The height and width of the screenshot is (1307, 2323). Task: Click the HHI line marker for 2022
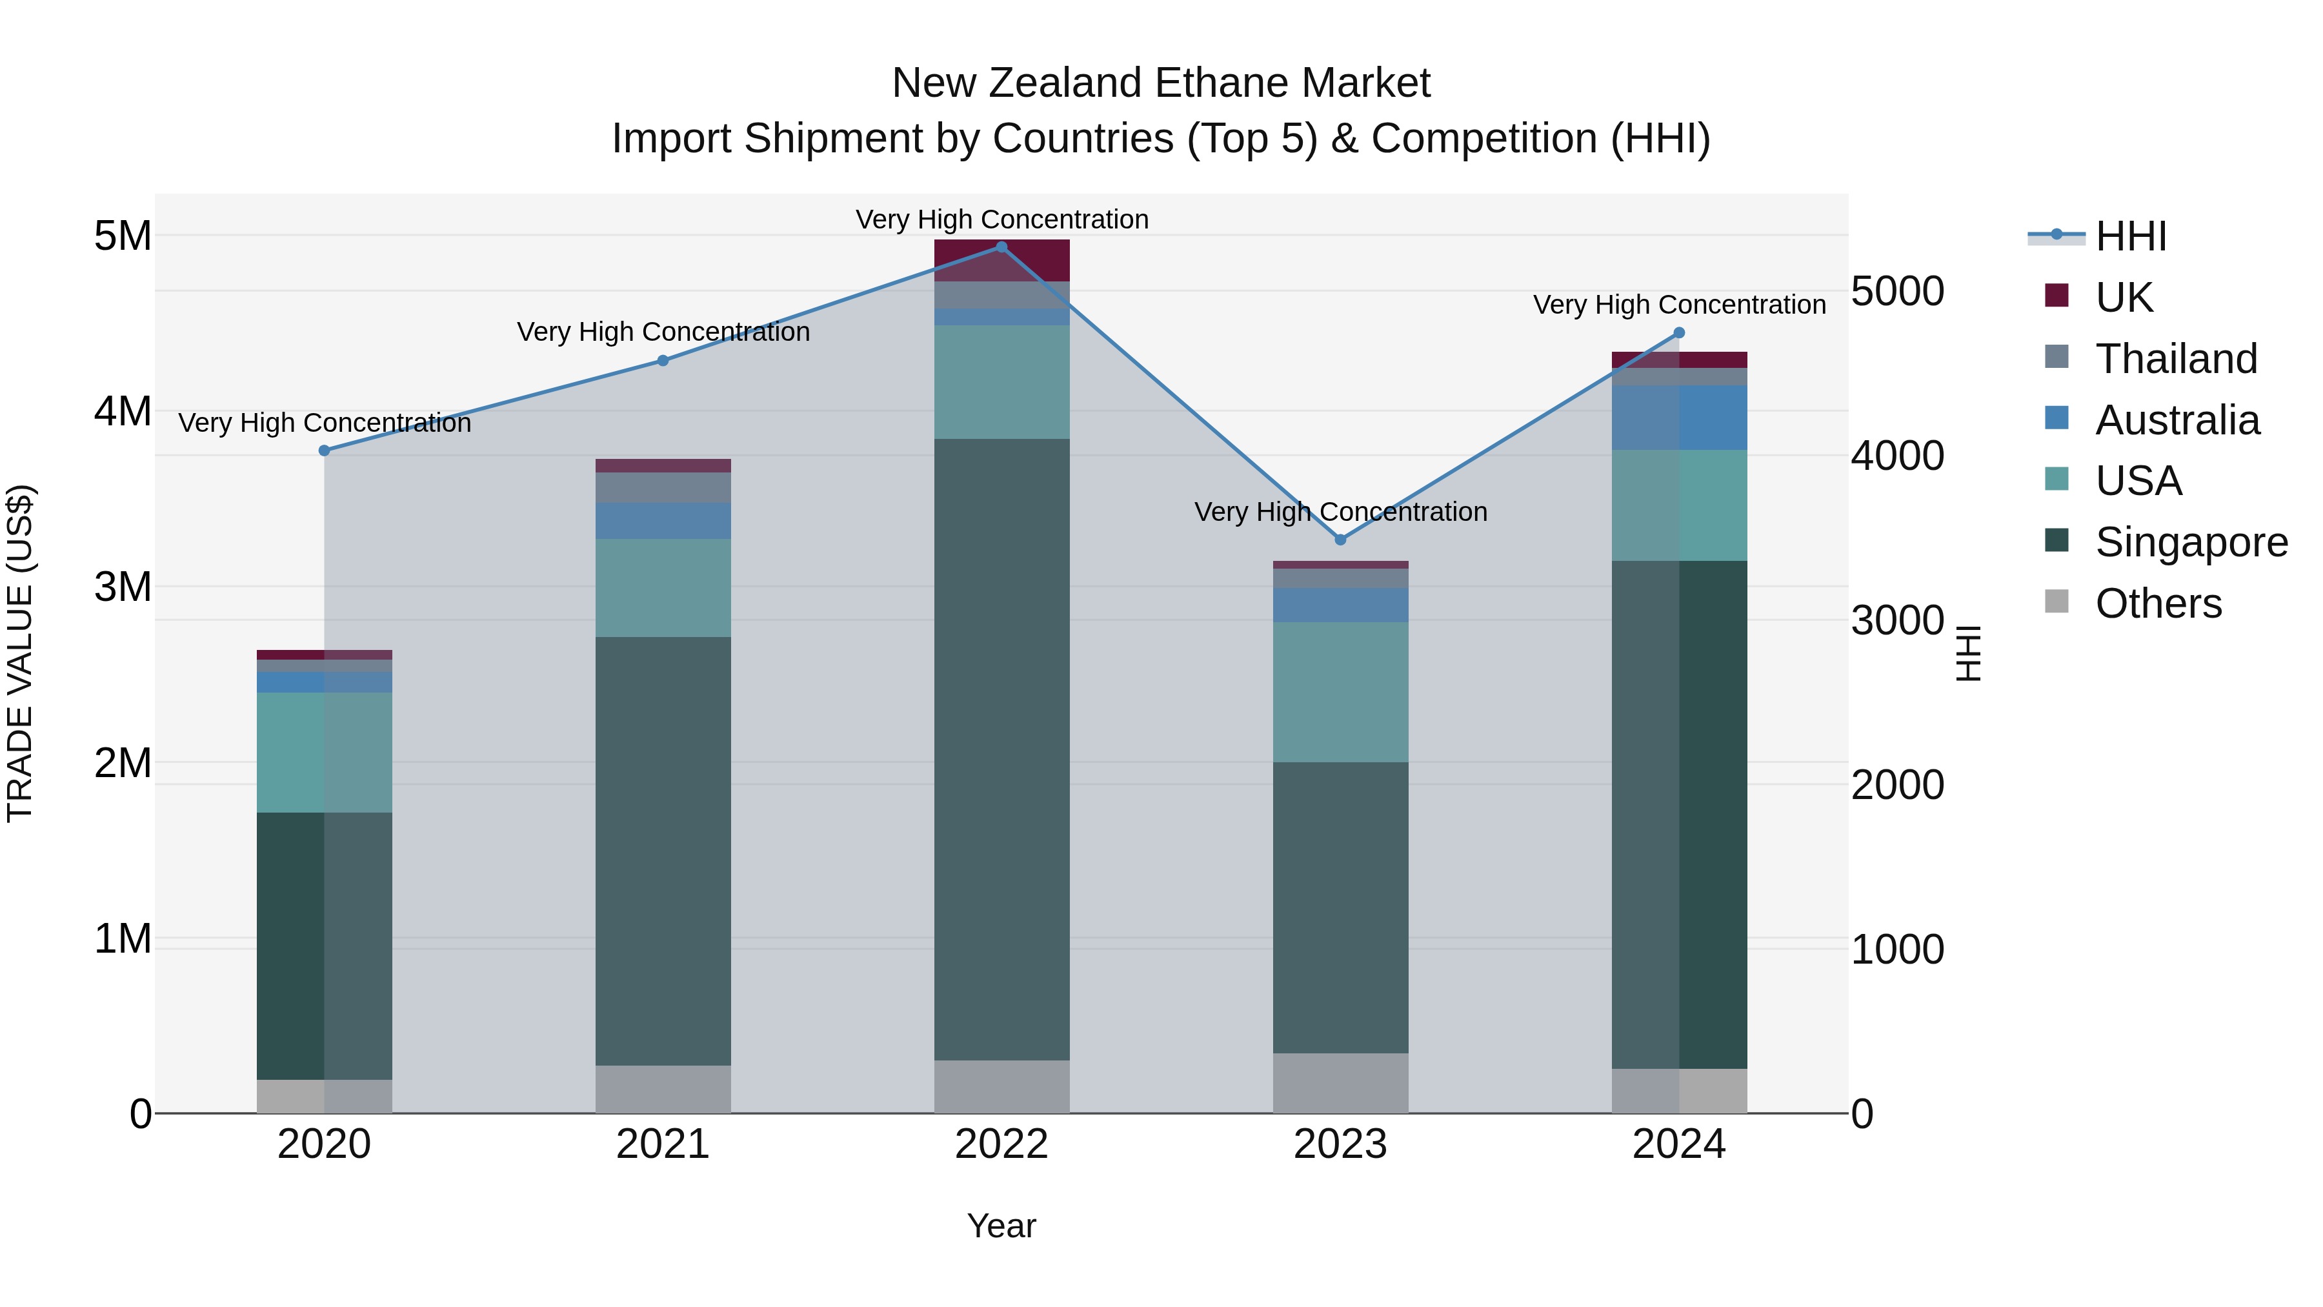click(x=1001, y=247)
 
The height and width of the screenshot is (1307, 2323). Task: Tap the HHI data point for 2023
click(x=1340, y=540)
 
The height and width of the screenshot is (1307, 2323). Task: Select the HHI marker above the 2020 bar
click(x=325, y=450)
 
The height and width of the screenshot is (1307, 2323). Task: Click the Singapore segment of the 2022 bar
click(x=1001, y=749)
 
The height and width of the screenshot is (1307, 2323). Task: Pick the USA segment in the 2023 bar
click(x=1340, y=692)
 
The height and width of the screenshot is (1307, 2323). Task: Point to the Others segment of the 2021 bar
click(x=663, y=1089)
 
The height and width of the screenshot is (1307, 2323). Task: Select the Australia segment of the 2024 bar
click(x=1679, y=418)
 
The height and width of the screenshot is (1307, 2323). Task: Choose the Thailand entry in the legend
click(x=2175, y=358)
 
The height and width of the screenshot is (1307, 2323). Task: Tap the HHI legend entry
click(x=2130, y=236)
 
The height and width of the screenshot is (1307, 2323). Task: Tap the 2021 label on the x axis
click(x=663, y=1144)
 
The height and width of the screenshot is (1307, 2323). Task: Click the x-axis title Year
click(x=1001, y=1226)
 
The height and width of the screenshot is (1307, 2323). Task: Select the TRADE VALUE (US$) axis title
click(x=21, y=653)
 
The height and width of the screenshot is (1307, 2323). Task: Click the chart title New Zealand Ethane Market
click(x=1161, y=83)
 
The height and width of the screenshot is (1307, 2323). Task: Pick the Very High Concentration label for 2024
click(x=1679, y=305)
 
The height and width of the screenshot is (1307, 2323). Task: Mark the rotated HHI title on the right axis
click(x=1969, y=653)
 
